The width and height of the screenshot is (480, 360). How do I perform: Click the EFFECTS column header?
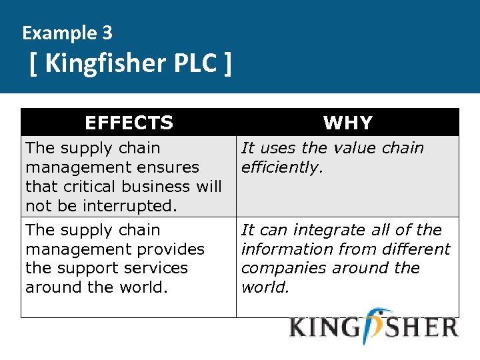pyautogui.click(x=129, y=123)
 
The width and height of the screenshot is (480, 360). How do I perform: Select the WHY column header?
pyautogui.click(x=347, y=123)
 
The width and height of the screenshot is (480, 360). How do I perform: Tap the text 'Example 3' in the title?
pyautogui.click(x=67, y=32)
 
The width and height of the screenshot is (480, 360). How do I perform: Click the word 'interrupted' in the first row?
pyautogui.click(x=132, y=206)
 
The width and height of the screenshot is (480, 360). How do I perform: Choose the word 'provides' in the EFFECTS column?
pyautogui.click(x=173, y=249)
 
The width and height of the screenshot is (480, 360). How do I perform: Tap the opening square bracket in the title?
pyautogui.click(x=34, y=64)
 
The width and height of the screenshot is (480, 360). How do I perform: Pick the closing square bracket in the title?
pyautogui.click(x=228, y=64)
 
